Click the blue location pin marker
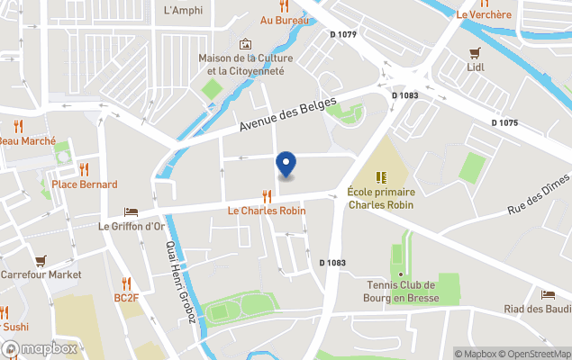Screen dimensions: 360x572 (286, 164)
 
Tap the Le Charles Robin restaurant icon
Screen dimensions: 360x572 (267, 195)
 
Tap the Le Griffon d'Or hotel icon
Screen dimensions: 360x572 (132, 211)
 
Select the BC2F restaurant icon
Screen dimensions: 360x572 (126, 283)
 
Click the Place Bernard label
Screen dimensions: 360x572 (85, 184)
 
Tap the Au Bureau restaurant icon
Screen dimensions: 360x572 (285, 5)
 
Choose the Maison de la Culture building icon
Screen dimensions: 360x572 (245, 44)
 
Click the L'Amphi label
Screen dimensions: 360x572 (183, 11)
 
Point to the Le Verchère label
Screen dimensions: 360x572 (483, 14)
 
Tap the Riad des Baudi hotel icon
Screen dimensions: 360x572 (548, 295)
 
